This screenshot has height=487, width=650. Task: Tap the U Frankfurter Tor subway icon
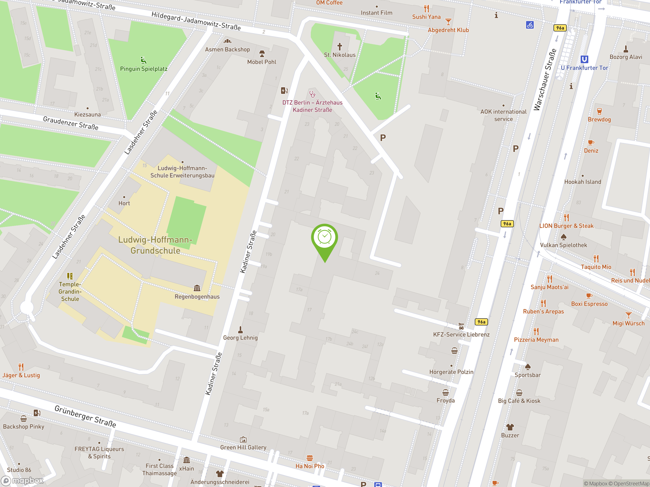(584, 59)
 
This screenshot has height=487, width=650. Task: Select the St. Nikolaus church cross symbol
(340, 46)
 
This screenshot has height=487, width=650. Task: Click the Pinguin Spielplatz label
(144, 69)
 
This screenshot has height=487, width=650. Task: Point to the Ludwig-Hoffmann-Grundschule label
(155, 245)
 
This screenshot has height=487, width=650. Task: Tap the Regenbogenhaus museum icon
(197, 288)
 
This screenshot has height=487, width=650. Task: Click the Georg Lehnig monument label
(240, 338)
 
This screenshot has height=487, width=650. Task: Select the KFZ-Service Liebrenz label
(461, 334)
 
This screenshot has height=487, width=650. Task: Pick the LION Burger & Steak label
(566, 226)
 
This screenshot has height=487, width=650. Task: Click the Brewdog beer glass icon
(599, 111)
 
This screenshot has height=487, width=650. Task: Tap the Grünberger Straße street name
(85, 416)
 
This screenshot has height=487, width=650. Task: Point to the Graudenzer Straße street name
(71, 123)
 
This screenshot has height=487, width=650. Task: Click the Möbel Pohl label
(262, 62)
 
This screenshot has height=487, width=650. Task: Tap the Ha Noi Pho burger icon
(310, 458)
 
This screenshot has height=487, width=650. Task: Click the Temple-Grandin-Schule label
(70, 291)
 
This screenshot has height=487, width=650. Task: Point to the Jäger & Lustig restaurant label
(21, 375)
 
